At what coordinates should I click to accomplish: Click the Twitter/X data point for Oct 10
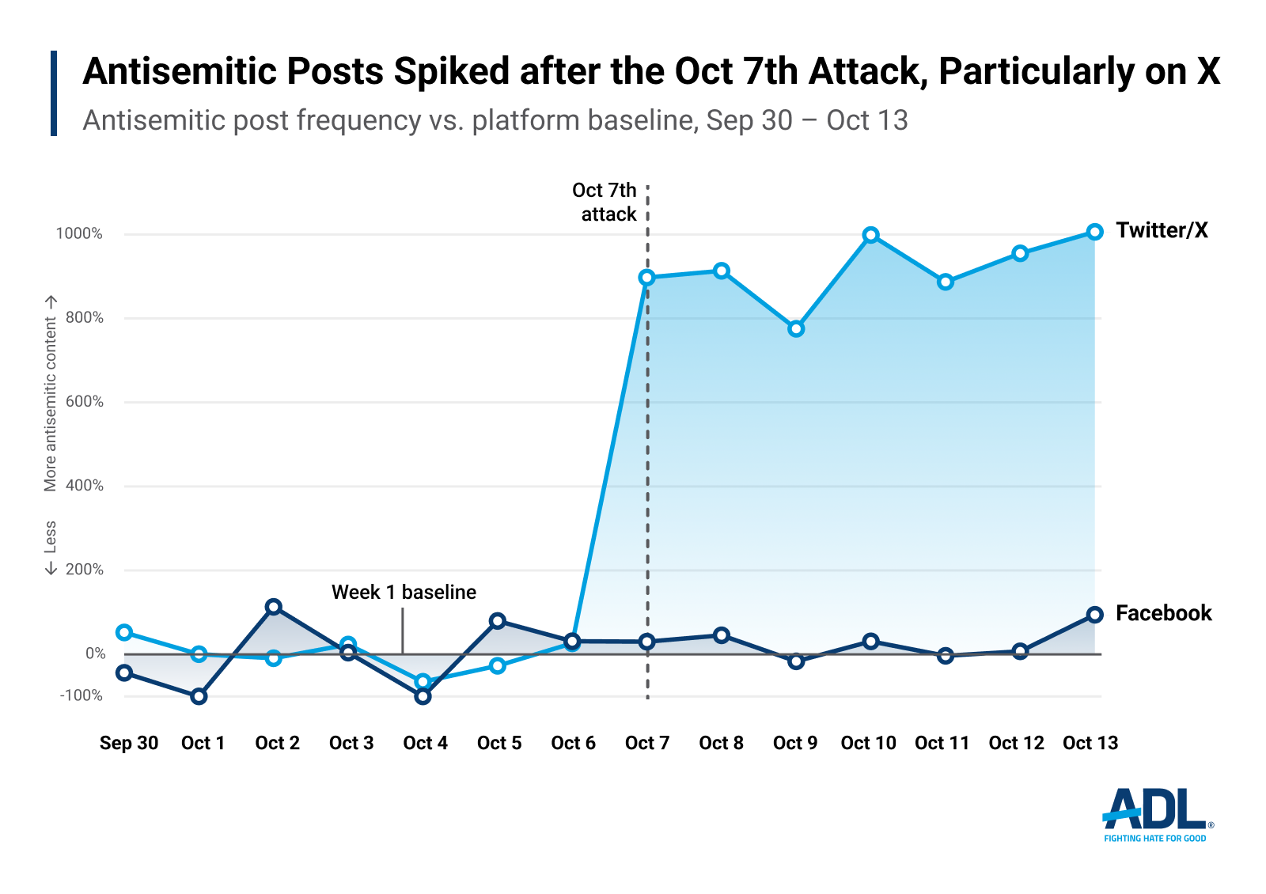coord(870,235)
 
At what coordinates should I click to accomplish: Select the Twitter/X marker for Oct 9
coord(796,328)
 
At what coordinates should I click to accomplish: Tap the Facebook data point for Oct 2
coord(274,607)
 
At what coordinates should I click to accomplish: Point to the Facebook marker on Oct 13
coord(1094,615)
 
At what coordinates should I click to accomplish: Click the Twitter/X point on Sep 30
coord(124,632)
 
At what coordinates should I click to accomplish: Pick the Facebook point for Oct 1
coord(199,696)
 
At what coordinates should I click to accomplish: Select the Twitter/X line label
coord(1162,230)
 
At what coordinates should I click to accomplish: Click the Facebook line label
coord(1163,613)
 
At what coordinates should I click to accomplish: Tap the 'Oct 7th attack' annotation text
coord(605,202)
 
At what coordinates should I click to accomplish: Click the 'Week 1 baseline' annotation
coord(404,592)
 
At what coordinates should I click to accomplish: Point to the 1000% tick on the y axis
coord(79,233)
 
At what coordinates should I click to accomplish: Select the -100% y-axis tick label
coord(81,695)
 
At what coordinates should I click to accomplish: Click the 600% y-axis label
coord(84,401)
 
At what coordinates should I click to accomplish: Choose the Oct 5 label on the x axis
coord(499,743)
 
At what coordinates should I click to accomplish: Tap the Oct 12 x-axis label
coord(1016,743)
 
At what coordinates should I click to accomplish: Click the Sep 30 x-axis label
coord(129,743)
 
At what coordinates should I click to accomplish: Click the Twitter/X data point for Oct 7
coord(646,278)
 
